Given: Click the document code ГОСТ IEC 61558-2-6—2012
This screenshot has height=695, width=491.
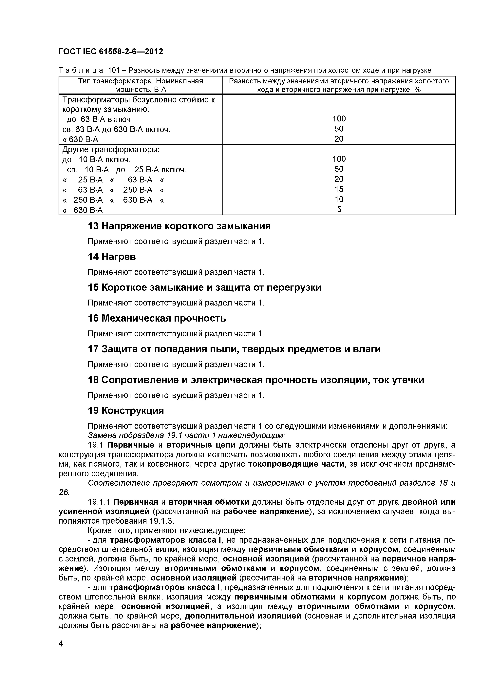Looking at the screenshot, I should [111, 52].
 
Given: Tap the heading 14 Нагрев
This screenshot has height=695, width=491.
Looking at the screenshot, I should [112, 257].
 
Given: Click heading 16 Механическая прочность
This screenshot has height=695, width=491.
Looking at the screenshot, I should [157, 318].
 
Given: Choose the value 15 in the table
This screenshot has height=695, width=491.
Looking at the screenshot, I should [339, 189].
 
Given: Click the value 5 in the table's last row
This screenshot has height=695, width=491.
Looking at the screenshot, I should [339, 209].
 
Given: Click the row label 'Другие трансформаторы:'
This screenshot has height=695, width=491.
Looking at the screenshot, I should [111, 150].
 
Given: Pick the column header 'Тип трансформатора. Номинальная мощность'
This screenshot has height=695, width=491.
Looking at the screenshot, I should [141, 85].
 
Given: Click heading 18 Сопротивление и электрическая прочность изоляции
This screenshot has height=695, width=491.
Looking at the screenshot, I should [256, 380].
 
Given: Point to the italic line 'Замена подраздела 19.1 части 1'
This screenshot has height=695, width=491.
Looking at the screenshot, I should [186, 435].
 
